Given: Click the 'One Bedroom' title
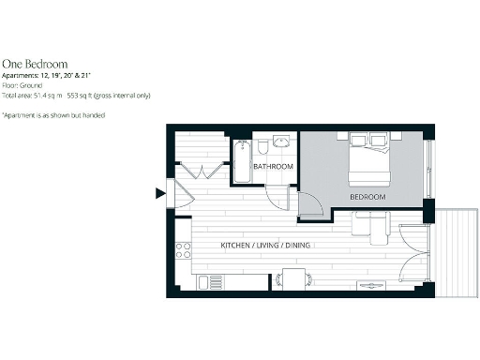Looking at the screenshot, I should (34, 64).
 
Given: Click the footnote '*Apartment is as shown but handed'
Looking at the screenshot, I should (52, 114).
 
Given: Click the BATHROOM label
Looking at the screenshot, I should (273, 167).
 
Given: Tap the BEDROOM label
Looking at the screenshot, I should (367, 198).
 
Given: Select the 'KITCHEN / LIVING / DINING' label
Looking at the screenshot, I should (265, 246).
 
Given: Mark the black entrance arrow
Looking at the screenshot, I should (159, 194).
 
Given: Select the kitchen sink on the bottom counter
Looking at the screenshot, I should (213, 282).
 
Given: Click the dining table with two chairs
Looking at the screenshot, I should (294, 279).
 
